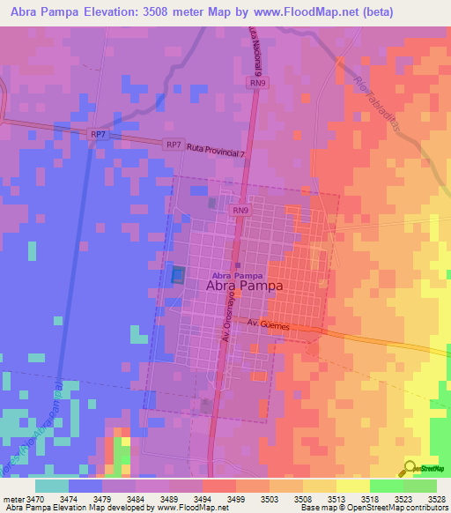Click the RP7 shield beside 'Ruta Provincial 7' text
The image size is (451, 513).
(x=173, y=144)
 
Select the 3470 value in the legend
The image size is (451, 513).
(x=36, y=500)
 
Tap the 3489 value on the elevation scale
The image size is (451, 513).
(x=170, y=500)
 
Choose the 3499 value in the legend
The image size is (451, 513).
(x=237, y=500)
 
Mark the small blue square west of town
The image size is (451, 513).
(x=179, y=275)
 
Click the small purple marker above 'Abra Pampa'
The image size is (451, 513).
(x=238, y=264)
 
